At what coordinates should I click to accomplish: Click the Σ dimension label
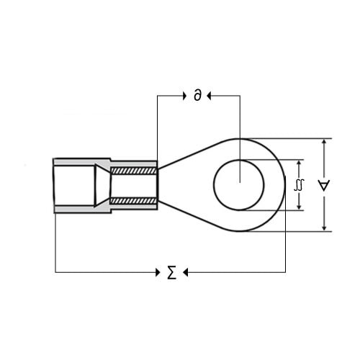(x=172, y=272)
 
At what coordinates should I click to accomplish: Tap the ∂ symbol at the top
(x=198, y=95)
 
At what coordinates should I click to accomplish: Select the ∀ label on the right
(x=324, y=185)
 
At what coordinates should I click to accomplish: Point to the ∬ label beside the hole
(x=299, y=185)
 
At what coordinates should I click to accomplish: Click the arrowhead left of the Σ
(x=158, y=272)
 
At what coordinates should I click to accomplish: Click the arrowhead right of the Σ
(x=185, y=272)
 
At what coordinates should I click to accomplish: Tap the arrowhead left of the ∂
(x=184, y=96)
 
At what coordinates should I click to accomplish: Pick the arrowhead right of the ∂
(x=209, y=96)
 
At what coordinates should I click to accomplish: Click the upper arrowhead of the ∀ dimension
(x=324, y=142)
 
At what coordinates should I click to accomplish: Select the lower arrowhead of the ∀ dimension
(x=324, y=228)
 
